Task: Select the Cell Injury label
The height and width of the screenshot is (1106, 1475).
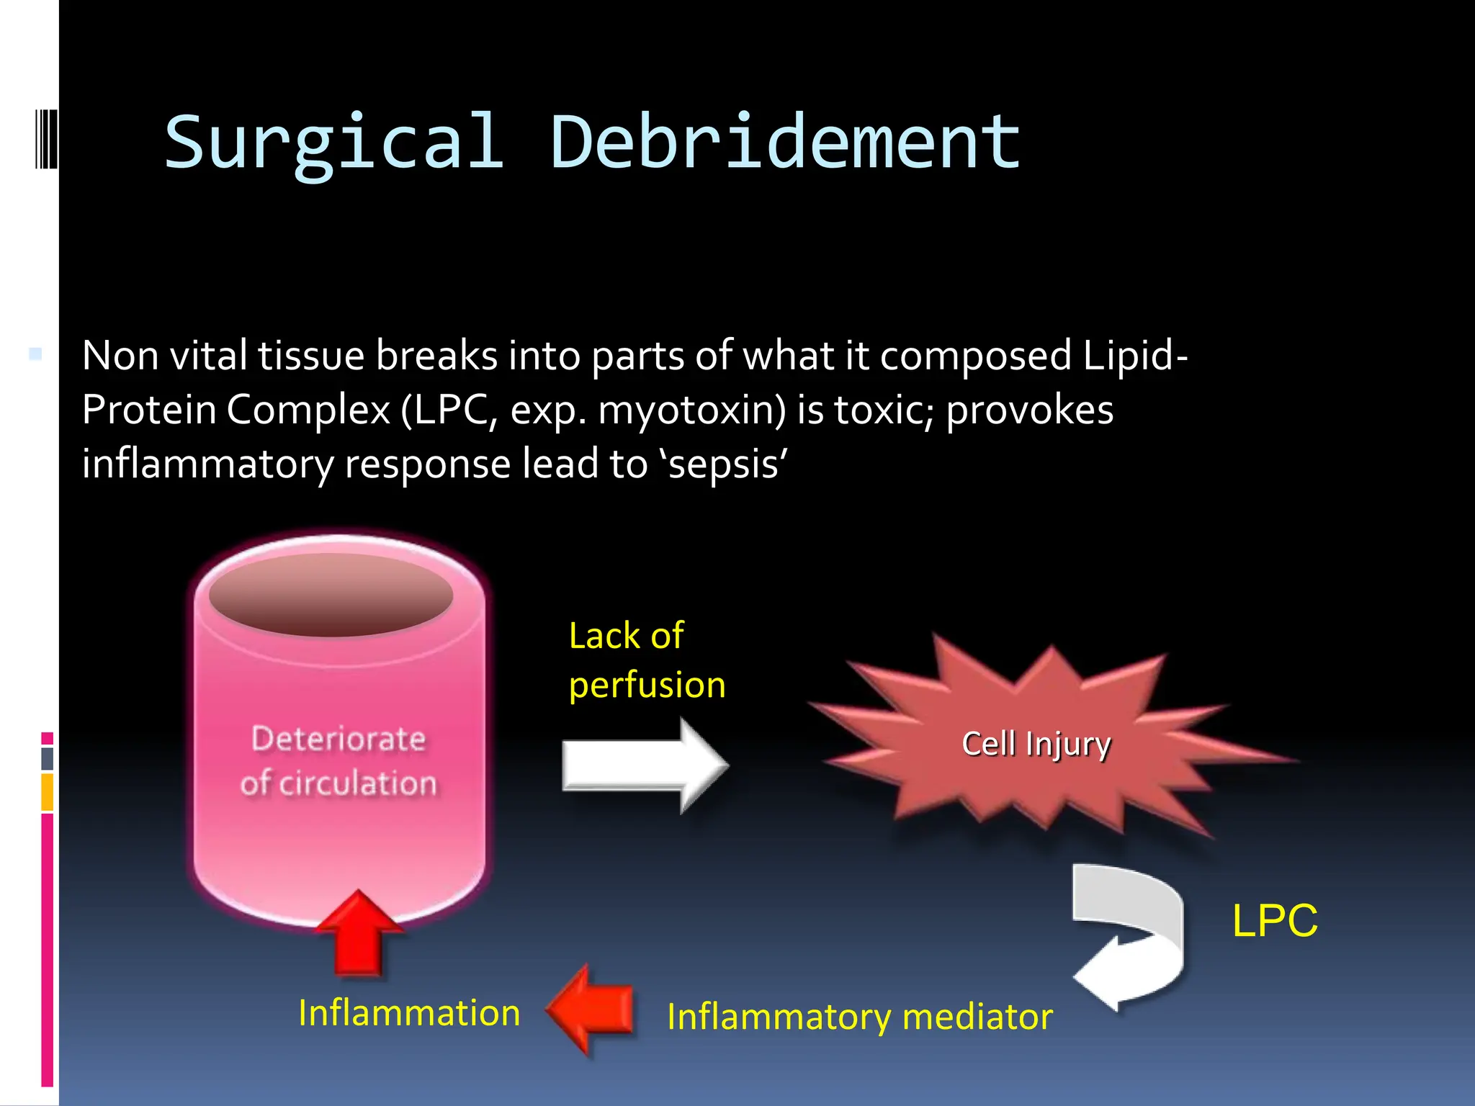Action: pyautogui.click(x=1036, y=744)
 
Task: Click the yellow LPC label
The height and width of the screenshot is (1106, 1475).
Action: pyautogui.click(x=1275, y=920)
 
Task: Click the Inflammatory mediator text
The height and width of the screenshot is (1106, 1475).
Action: pyautogui.click(x=859, y=1017)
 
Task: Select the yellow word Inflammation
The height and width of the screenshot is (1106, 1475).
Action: pyautogui.click(x=409, y=1013)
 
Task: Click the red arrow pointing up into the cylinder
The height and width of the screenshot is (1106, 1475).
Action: pyautogui.click(x=359, y=934)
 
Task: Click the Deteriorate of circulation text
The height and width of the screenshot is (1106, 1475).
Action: pyautogui.click(x=339, y=761)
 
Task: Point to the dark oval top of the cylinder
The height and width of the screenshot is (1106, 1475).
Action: pyautogui.click(x=331, y=595)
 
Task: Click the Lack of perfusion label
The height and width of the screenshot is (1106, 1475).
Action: pyautogui.click(x=646, y=660)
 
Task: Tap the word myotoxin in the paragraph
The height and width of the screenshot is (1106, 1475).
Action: pyautogui.click(x=691, y=410)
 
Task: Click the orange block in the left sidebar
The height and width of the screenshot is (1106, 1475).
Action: pyautogui.click(x=47, y=792)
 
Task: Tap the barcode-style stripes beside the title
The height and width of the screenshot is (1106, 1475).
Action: pyautogui.click(x=46, y=138)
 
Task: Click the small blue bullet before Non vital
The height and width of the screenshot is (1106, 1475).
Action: pyautogui.click(x=35, y=354)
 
